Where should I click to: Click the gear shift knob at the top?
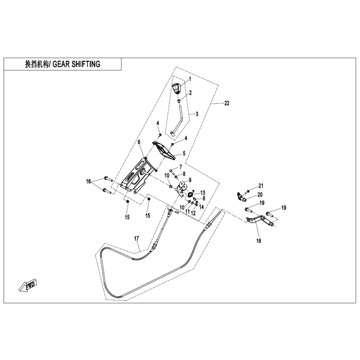(x=177, y=89)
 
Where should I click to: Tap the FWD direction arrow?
(x=28, y=285)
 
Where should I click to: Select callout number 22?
(x=227, y=103)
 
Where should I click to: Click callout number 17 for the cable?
(x=137, y=239)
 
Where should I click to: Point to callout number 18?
(x=259, y=241)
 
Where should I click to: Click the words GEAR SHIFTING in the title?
(x=77, y=64)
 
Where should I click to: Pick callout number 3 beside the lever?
(x=197, y=114)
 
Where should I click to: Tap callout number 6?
(x=139, y=142)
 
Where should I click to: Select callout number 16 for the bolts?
(x=88, y=182)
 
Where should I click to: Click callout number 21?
(x=261, y=186)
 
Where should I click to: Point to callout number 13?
(x=203, y=193)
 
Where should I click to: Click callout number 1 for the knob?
(x=190, y=79)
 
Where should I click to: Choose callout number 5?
(x=184, y=153)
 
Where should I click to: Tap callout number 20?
(x=260, y=195)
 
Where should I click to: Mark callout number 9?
(x=190, y=180)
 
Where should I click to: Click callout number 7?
(x=181, y=167)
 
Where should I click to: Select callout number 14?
(x=202, y=207)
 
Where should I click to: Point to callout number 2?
(x=190, y=93)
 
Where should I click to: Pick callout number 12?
(x=193, y=213)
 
